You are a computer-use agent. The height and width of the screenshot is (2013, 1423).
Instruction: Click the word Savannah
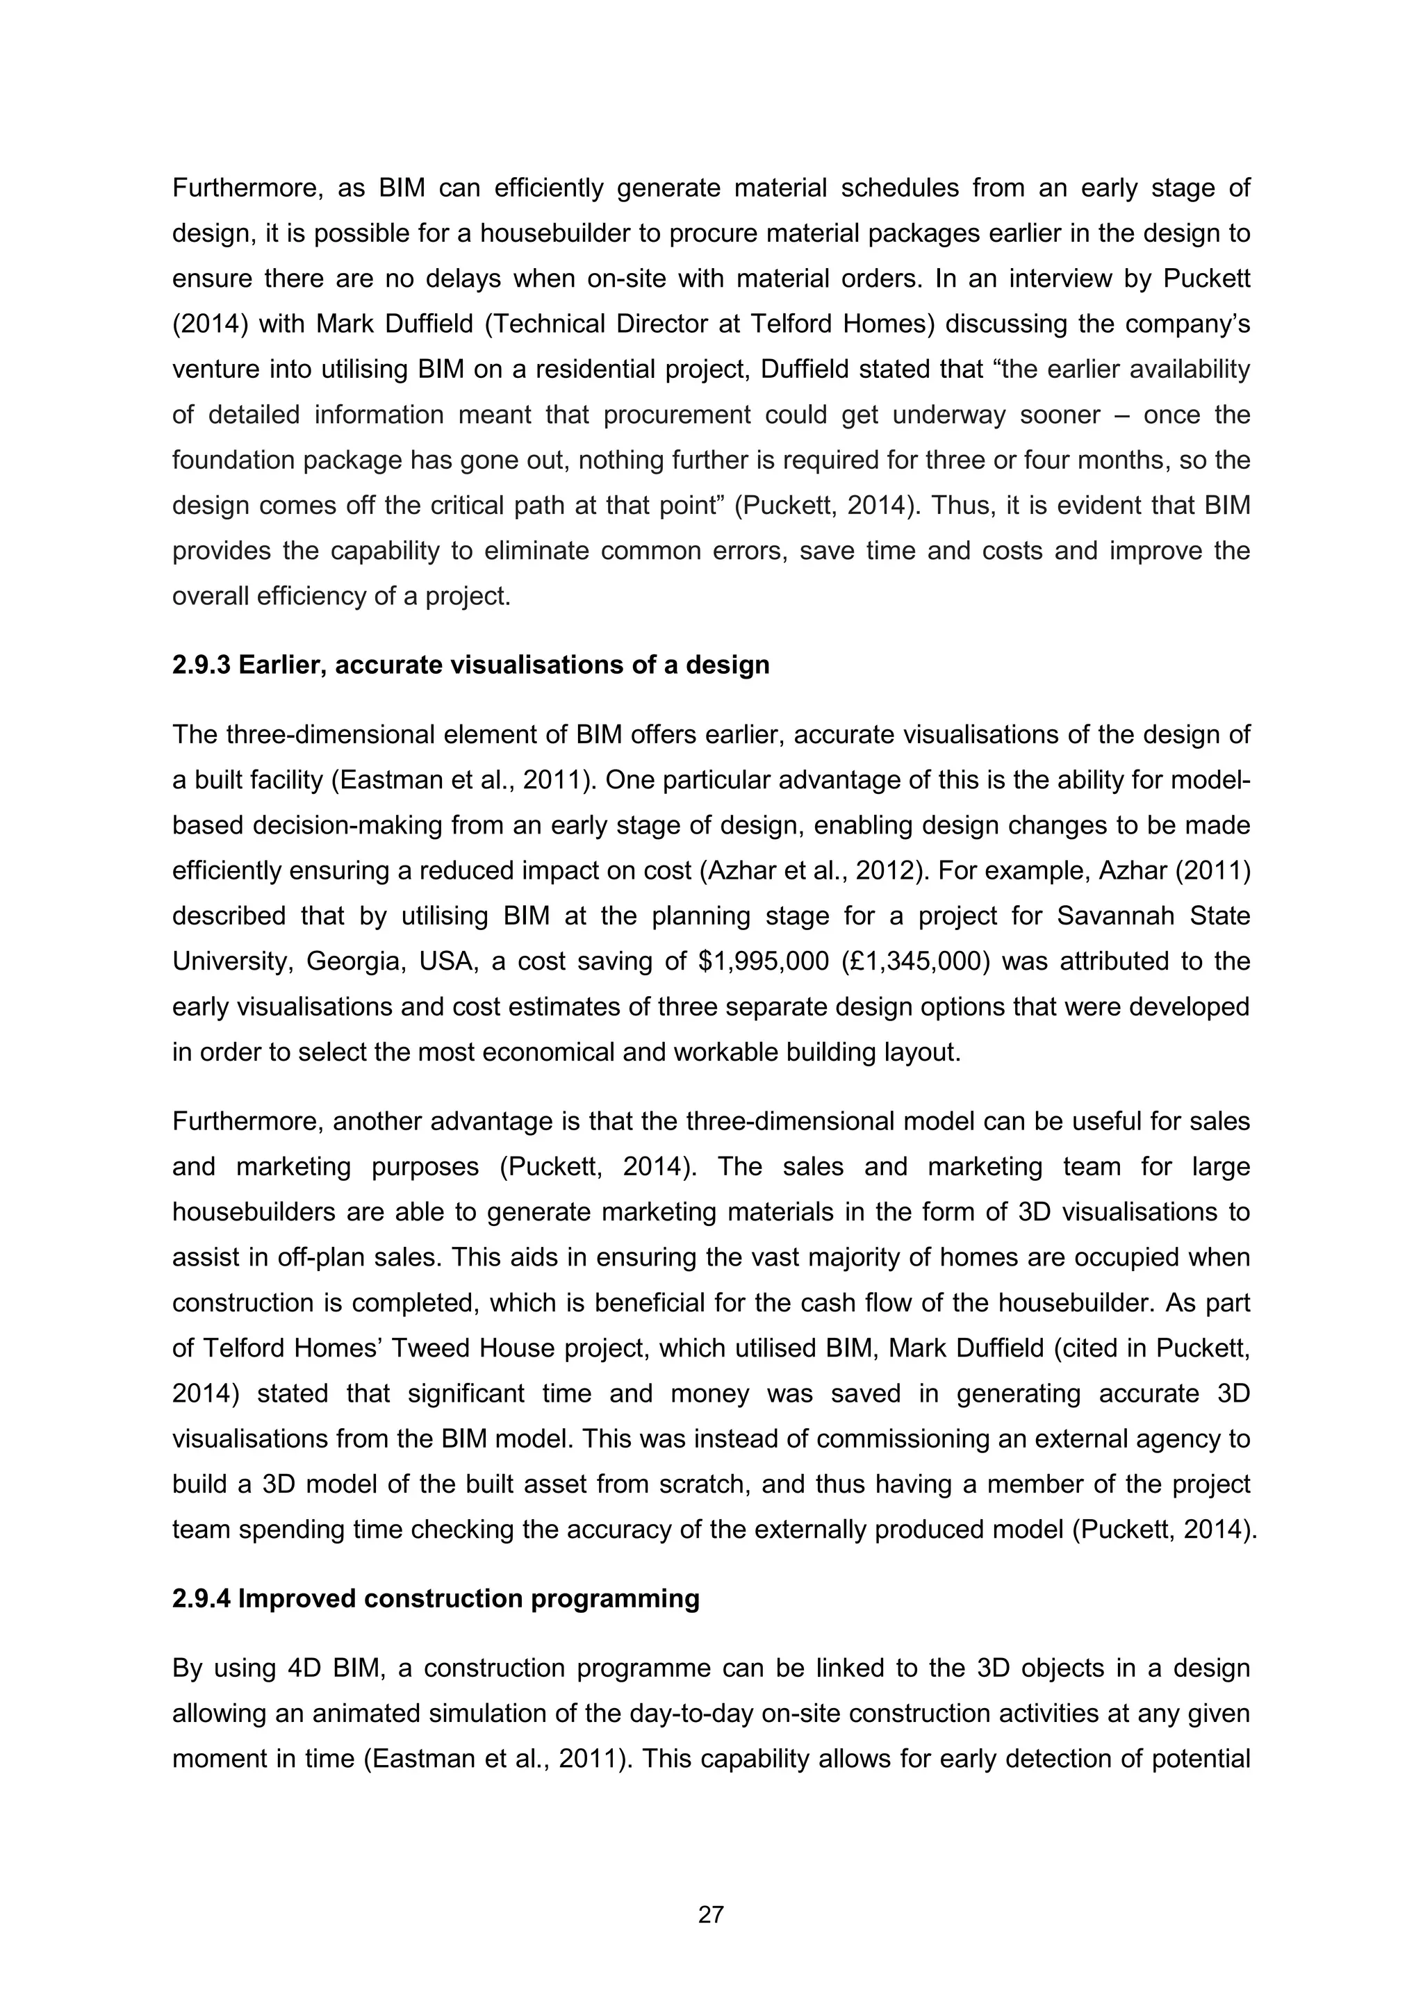click(1114, 916)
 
